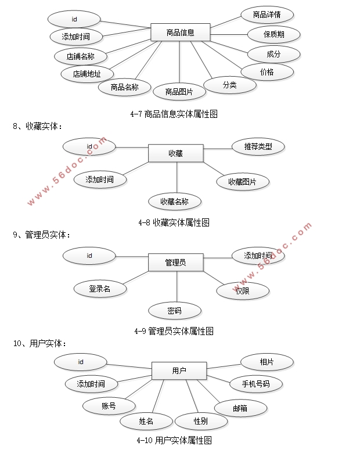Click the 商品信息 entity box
[x=180, y=33]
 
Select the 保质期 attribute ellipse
[x=273, y=34]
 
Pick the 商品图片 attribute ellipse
[x=179, y=91]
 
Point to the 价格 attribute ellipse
[x=267, y=72]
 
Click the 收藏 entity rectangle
[x=175, y=153]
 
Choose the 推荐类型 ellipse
[x=258, y=146]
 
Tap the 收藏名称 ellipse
[x=175, y=202]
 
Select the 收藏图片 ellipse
[x=243, y=182]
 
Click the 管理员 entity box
[x=175, y=262]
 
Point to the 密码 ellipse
[x=174, y=311]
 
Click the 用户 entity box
[x=179, y=371]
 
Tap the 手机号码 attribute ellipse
[x=255, y=384]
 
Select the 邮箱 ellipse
[x=240, y=408]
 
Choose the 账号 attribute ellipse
[x=109, y=406]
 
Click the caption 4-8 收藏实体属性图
[x=174, y=222]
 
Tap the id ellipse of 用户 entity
[x=81, y=362]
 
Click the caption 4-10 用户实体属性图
[x=174, y=440]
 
